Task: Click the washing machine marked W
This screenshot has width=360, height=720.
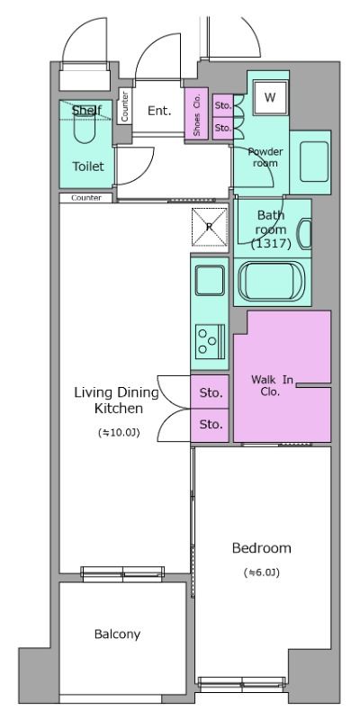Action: point(271,97)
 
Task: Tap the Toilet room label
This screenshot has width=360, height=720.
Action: point(87,166)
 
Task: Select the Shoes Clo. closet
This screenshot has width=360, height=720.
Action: point(196,113)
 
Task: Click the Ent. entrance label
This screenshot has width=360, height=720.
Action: point(159,111)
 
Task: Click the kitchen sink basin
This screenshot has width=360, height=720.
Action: point(210,281)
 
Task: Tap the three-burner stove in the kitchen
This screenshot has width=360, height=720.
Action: point(210,341)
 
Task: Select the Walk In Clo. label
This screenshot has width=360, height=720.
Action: point(272,386)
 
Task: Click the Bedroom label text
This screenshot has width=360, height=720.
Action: point(261,548)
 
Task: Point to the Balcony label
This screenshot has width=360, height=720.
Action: point(117,634)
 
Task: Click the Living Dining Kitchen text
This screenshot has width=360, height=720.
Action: point(117,400)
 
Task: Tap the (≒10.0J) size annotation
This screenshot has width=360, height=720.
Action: point(119,432)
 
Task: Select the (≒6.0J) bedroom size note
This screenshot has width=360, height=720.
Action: point(262,572)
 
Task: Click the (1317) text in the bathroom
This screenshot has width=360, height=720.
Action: point(272,244)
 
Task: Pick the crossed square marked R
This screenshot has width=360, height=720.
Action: point(210,227)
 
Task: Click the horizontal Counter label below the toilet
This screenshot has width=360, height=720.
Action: point(86,198)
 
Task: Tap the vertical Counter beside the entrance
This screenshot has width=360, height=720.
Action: point(125,106)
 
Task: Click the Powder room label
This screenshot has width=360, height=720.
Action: point(265,157)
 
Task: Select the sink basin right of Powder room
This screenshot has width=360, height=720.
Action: point(314,161)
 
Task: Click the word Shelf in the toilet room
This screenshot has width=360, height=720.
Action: point(86,110)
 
